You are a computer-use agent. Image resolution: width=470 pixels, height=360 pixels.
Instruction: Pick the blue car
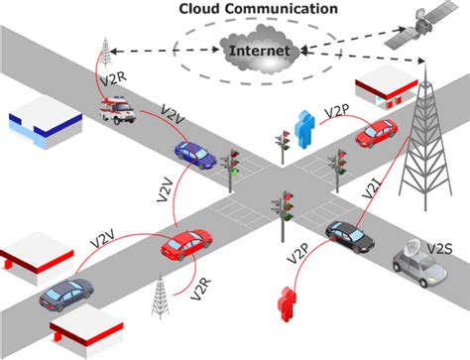pos(195,153)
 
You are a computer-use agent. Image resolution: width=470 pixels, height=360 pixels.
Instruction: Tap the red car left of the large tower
pos(376,133)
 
